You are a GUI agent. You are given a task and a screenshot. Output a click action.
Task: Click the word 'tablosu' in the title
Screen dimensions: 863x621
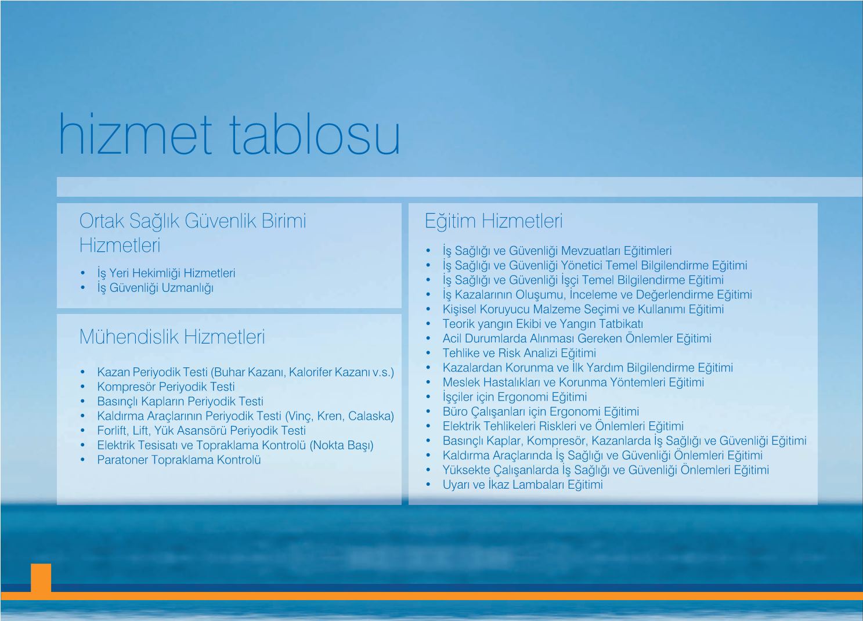pyautogui.click(x=315, y=134)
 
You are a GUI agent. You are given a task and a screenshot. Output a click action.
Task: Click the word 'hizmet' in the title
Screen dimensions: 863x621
pyautogui.click(x=135, y=134)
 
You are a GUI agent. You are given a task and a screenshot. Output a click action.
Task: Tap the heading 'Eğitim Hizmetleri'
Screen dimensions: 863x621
pyautogui.click(x=493, y=221)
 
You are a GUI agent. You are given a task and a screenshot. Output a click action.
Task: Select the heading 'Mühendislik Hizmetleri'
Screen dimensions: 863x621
pyautogui.click(x=172, y=337)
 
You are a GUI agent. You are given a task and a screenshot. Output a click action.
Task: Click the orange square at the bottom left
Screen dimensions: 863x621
pyautogui.click(x=41, y=577)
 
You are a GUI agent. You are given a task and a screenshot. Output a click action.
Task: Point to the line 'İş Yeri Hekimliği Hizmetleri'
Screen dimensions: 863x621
pyautogui.click(x=166, y=273)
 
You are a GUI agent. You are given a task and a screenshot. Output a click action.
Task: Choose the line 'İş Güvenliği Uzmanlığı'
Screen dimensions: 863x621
pyautogui.click(x=156, y=288)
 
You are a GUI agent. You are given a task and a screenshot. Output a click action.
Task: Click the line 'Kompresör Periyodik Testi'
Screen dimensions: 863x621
pyautogui.click(x=165, y=387)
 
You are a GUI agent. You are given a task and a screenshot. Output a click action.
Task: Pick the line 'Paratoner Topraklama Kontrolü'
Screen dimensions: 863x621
pyautogui.click(x=179, y=460)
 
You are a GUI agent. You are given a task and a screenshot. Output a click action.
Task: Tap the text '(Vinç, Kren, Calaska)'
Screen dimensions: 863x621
pyautogui.click(x=340, y=416)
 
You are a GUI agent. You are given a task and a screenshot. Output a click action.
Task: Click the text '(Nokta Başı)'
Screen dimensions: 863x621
pyautogui.click(x=341, y=445)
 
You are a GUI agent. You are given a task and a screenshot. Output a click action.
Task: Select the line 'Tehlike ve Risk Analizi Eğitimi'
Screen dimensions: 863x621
pyautogui.click(x=519, y=353)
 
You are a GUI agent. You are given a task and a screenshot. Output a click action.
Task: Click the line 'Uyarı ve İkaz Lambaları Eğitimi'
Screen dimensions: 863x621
pyautogui.click(x=522, y=484)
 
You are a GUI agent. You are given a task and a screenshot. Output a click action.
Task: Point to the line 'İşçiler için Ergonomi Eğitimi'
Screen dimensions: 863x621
pyautogui.click(x=515, y=397)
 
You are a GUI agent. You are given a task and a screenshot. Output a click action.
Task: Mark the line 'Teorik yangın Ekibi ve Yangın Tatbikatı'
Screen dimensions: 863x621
pyautogui.click(x=543, y=324)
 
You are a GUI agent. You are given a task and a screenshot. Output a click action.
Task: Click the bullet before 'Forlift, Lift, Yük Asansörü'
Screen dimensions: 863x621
pyautogui.click(x=82, y=431)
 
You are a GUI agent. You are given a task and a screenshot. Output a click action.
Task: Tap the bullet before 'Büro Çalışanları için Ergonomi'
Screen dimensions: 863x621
pyautogui.click(x=428, y=411)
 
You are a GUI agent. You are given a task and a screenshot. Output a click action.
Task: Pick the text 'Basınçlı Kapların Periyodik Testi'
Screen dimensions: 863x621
pyautogui.click(x=180, y=402)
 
